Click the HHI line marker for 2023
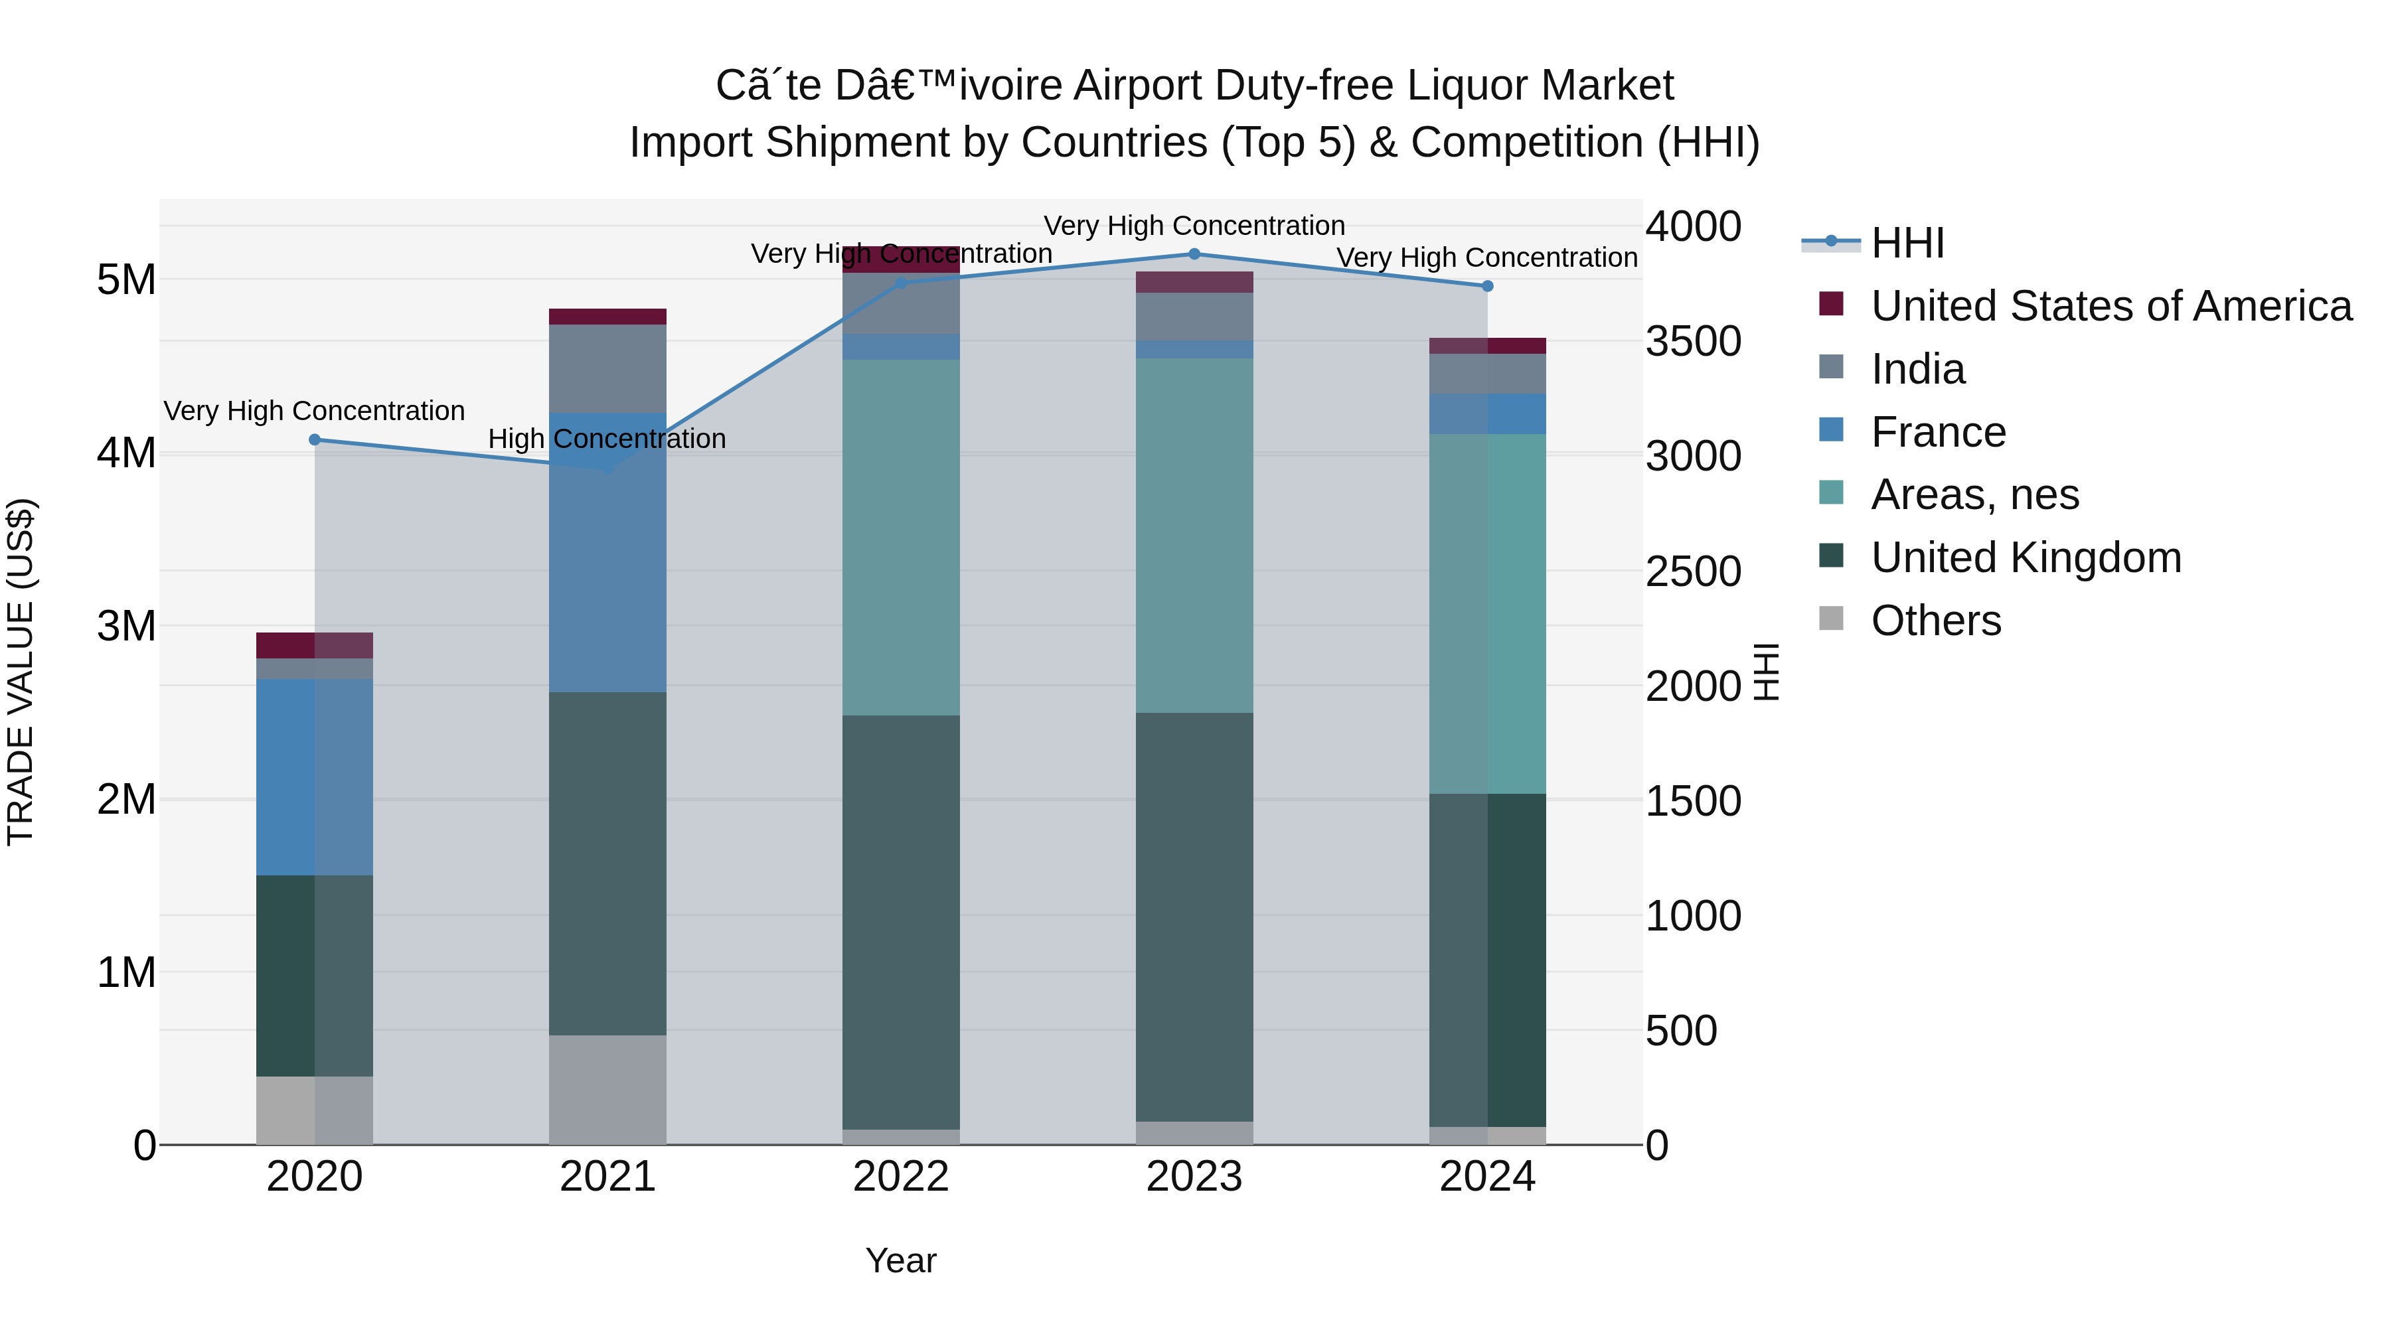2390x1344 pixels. pyautogui.click(x=1194, y=254)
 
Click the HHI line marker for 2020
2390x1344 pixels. pyautogui.click(x=315, y=439)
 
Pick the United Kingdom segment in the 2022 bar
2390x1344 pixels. pyautogui.click(x=901, y=921)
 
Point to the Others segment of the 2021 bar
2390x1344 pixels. pyautogui.click(x=607, y=1089)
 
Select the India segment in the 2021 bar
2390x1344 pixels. pyautogui.click(x=607, y=368)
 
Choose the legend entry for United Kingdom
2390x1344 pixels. pyautogui.click(x=2026, y=558)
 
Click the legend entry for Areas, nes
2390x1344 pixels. pyautogui.click(x=1974, y=494)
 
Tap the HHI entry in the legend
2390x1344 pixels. pyautogui.click(x=1907, y=243)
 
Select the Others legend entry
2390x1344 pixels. pyautogui.click(x=1935, y=621)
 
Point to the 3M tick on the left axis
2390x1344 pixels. pyautogui.click(x=127, y=626)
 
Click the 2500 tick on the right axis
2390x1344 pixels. pyautogui.click(x=1692, y=571)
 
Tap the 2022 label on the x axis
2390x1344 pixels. pyautogui.click(x=901, y=1177)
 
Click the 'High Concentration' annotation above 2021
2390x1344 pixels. pyautogui.click(x=607, y=439)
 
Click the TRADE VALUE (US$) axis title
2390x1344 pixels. pyautogui.click(x=21, y=672)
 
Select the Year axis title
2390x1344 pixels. pyautogui.click(x=901, y=1260)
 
